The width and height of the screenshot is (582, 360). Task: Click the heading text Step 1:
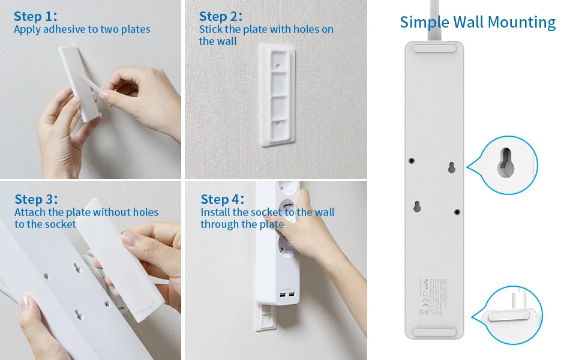coord(35,17)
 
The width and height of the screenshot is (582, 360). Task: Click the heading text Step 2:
coord(221,17)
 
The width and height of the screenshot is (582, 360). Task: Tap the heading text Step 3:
coord(37,199)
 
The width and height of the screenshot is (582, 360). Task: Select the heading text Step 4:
coord(223,199)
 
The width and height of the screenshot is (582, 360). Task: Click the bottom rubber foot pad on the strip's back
coord(434,330)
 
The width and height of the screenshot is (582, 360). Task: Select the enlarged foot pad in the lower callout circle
coord(506,317)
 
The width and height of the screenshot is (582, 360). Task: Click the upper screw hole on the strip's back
coord(412,160)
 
